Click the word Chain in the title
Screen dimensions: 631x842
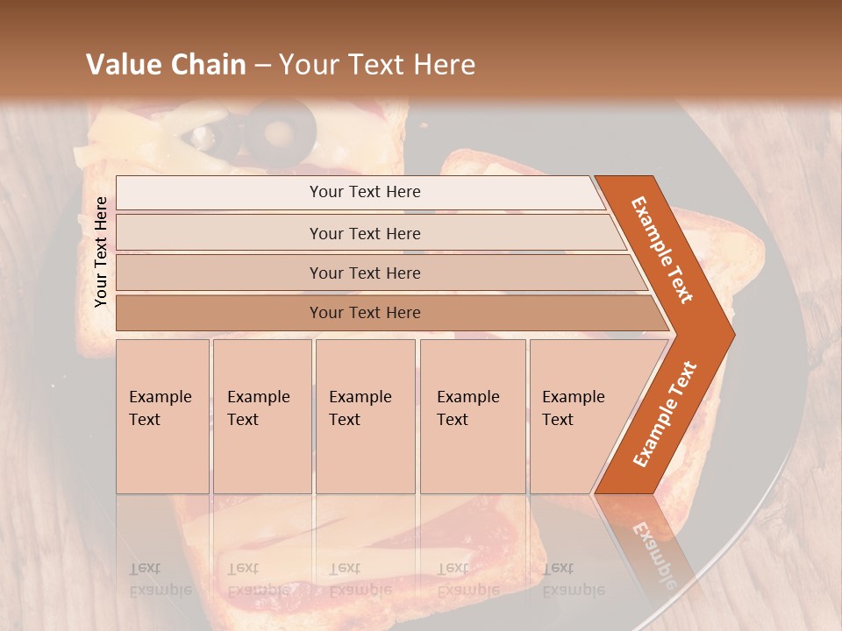207,65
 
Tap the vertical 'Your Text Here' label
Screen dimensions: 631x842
101,252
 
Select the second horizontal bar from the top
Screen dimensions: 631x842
365,233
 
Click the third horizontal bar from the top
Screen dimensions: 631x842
365,273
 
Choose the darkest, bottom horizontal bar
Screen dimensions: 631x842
365,313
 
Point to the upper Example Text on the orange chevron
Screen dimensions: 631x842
662,250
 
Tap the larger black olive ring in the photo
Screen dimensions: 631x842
281,131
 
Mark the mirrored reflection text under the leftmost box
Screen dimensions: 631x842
161,579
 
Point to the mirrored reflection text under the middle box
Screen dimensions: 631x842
360,579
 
